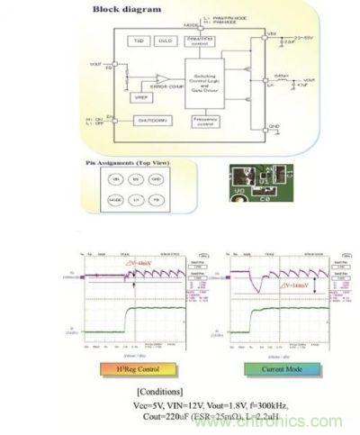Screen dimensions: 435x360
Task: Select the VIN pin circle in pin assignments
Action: point(115,180)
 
